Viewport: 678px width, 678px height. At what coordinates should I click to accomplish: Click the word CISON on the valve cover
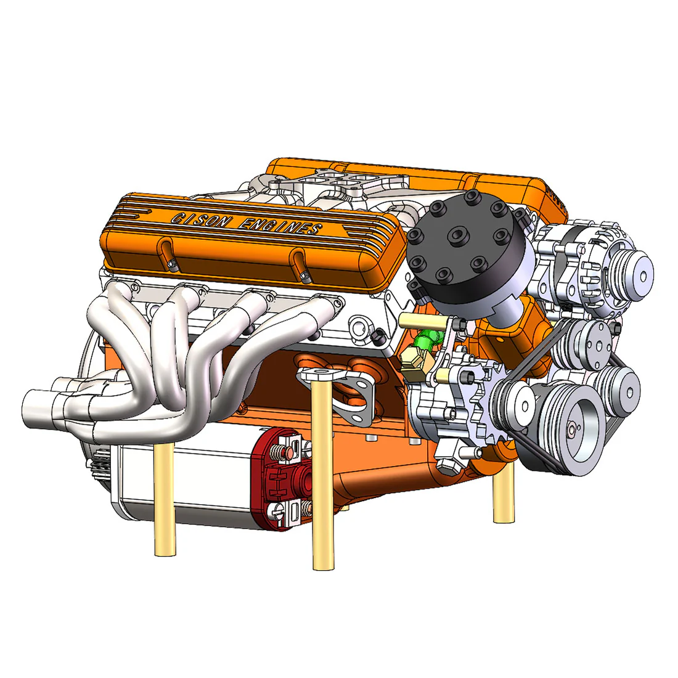(x=198, y=219)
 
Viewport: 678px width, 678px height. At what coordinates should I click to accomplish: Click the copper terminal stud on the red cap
(x=288, y=453)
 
